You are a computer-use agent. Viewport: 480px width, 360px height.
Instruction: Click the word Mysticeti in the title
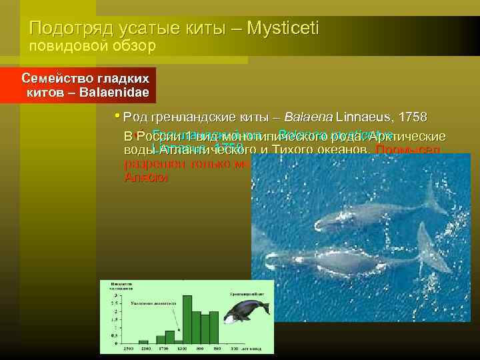[283, 28]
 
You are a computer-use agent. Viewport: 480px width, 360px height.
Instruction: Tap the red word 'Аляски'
[146, 178]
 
